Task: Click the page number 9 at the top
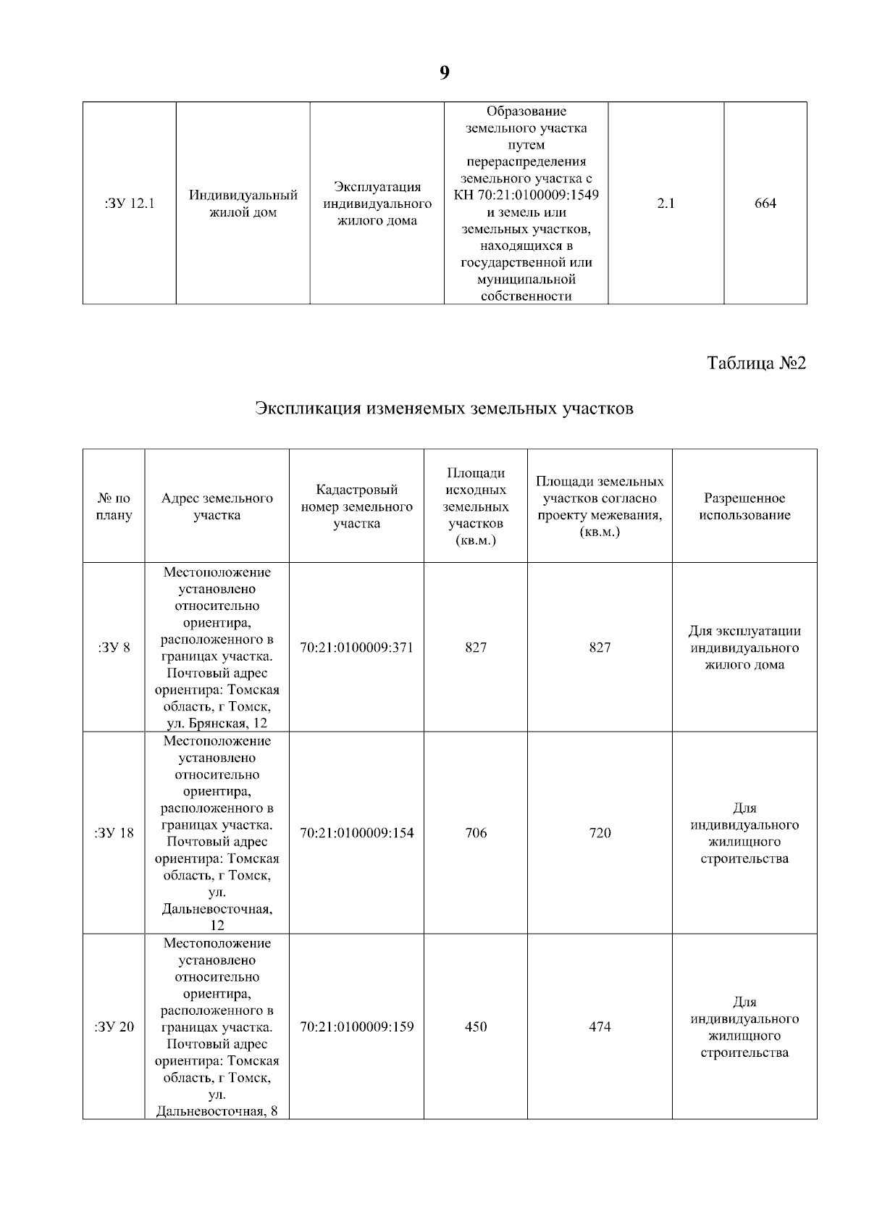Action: click(444, 72)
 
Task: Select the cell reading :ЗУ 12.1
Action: click(130, 204)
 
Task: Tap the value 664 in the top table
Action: click(765, 204)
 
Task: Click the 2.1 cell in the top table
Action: click(666, 204)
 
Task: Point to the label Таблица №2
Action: click(756, 363)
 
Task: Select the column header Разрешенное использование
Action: click(744, 506)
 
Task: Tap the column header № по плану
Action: click(114, 506)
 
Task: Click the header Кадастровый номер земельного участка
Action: click(356, 506)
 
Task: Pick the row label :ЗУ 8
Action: click(114, 648)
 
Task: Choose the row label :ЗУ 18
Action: click(114, 833)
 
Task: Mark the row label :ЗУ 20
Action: click(114, 1027)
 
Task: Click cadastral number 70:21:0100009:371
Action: click(356, 648)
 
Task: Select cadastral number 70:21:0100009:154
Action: click(356, 833)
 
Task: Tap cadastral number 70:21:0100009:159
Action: click(356, 1027)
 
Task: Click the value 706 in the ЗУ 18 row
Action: click(476, 833)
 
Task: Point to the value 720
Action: click(600, 833)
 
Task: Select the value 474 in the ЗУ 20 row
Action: click(600, 1027)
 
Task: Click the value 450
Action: click(476, 1027)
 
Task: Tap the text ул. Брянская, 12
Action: click(217, 724)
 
